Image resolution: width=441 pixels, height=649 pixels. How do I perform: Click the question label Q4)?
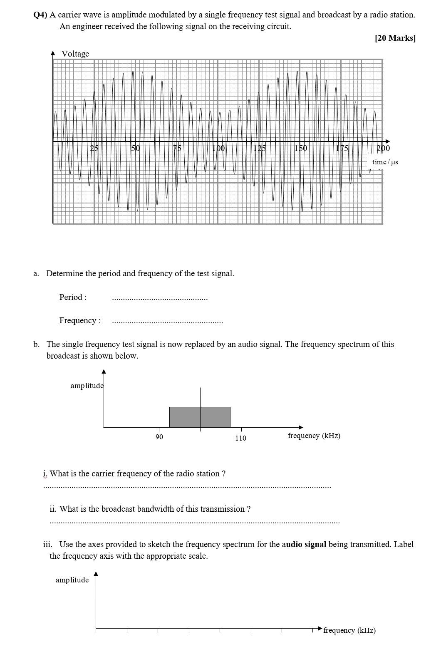(40, 15)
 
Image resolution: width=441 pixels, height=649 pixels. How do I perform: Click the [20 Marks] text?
(395, 38)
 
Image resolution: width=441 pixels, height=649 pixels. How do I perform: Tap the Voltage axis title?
(75, 54)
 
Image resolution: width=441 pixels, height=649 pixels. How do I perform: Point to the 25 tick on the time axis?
(94, 148)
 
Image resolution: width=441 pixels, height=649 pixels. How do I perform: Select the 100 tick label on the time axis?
(218, 148)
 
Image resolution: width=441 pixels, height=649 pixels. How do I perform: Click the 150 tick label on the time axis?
(301, 148)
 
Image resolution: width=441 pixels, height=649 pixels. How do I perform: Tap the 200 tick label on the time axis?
(383, 148)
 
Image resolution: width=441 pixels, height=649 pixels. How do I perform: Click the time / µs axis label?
(385, 162)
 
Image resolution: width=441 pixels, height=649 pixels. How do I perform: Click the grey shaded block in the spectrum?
(200, 417)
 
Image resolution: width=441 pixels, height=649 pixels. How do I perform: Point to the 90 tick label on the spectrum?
(159, 437)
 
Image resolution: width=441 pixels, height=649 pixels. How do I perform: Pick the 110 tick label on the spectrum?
(240, 438)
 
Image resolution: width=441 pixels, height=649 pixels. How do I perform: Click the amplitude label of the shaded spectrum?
(87, 386)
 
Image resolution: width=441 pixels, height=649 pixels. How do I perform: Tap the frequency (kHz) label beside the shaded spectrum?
(314, 436)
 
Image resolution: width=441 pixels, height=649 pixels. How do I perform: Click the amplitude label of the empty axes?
(72, 580)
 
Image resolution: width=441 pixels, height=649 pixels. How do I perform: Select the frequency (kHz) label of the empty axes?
(349, 630)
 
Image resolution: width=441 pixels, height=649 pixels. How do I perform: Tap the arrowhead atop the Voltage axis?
(53, 53)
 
